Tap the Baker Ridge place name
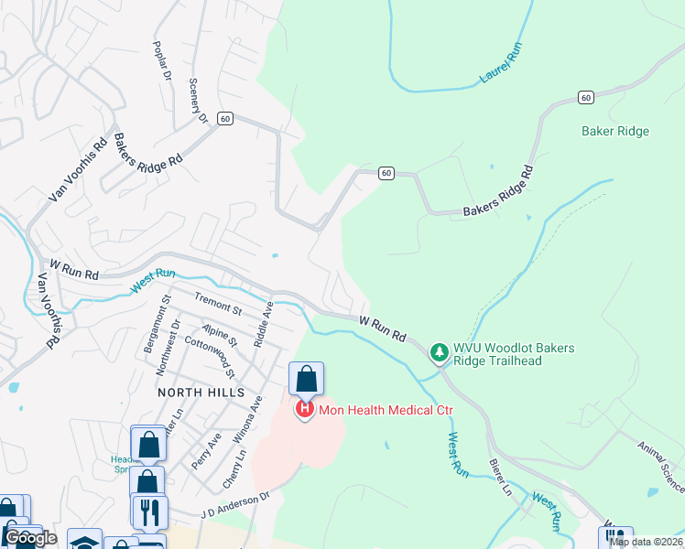pyautogui.click(x=615, y=131)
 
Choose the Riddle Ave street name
pyautogui.click(x=266, y=323)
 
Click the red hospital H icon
pyautogui.click(x=305, y=410)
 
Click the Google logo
pyautogui.click(x=30, y=538)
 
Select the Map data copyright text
pyautogui.click(x=646, y=542)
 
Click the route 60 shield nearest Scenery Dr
pyautogui.click(x=226, y=118)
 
